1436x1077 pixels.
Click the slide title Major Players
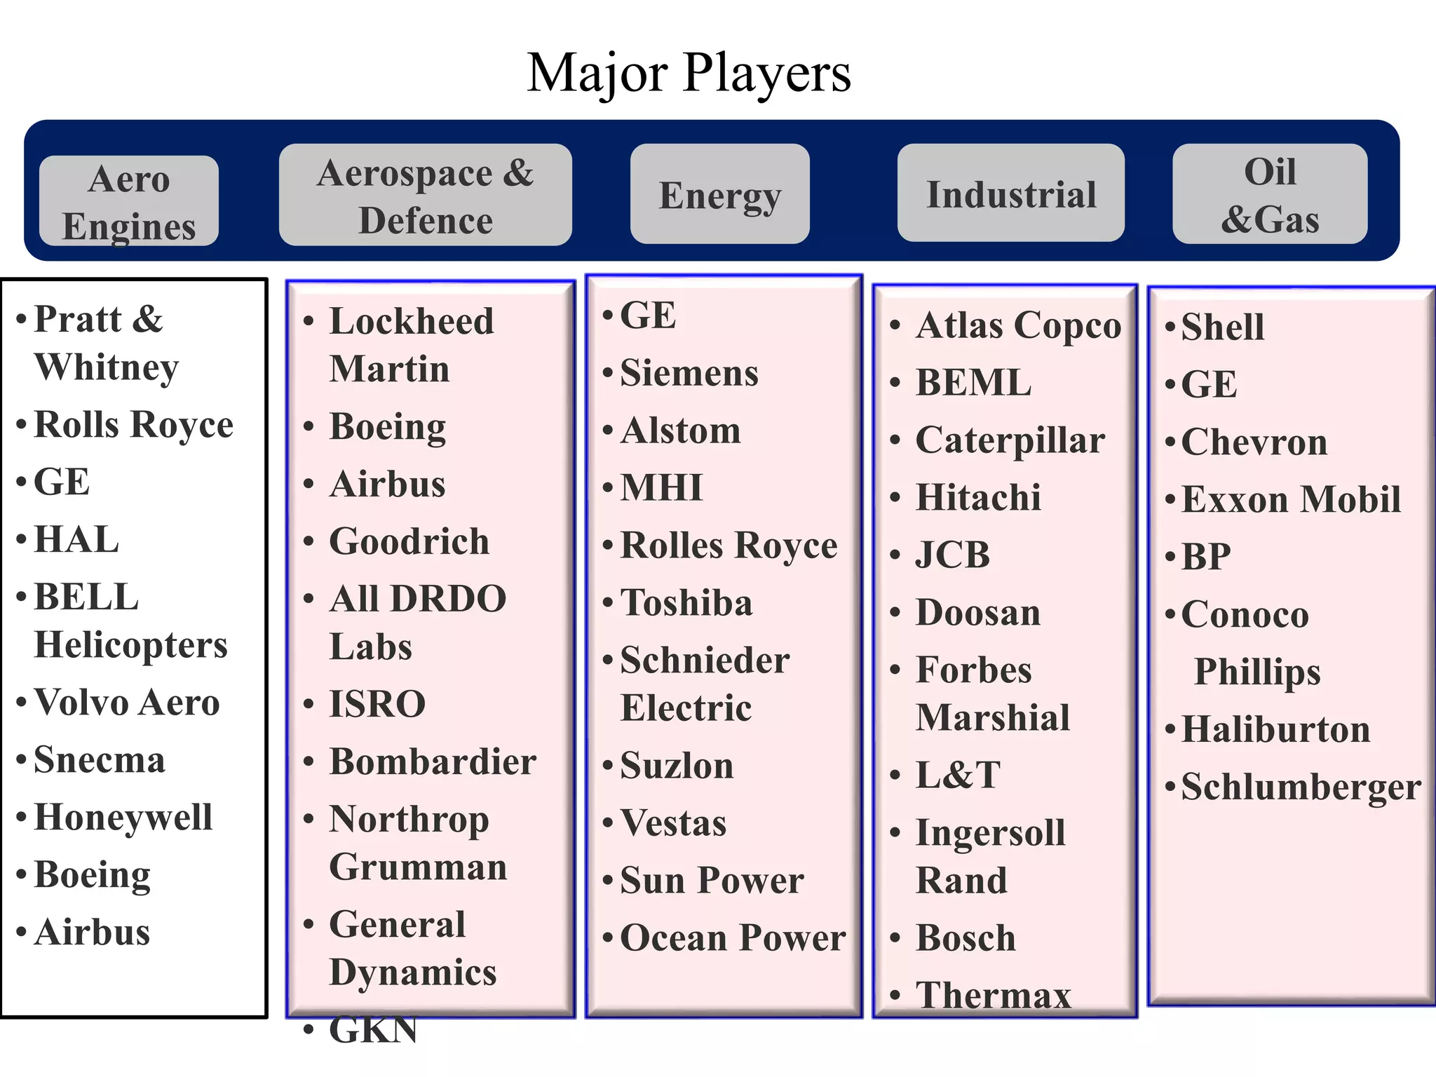point(689,73)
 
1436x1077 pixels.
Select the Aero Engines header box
point(129,201)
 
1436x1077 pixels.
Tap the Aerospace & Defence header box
point(425,196)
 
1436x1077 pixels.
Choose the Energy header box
point(719,195)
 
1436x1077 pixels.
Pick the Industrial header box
point(1010,194)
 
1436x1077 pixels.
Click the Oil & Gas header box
point(1269,195)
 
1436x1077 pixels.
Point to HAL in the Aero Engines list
point(76,539)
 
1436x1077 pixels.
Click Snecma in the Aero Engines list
point(100,759)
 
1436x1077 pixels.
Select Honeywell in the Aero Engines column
point(123,817)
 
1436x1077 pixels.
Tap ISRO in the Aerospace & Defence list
point(377,703)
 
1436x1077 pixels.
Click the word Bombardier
point(433,761)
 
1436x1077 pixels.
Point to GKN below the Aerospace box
point(373,1029)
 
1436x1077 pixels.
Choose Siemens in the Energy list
point(689,372)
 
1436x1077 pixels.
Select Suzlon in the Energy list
point(677,765)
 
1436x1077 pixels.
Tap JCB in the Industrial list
point(952,555)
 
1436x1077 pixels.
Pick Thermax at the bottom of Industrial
point(994,995)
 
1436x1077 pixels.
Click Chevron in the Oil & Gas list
point(1254,442)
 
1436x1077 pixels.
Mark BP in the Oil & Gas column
point(1206,557)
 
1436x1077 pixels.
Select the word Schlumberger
point(1301,787)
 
